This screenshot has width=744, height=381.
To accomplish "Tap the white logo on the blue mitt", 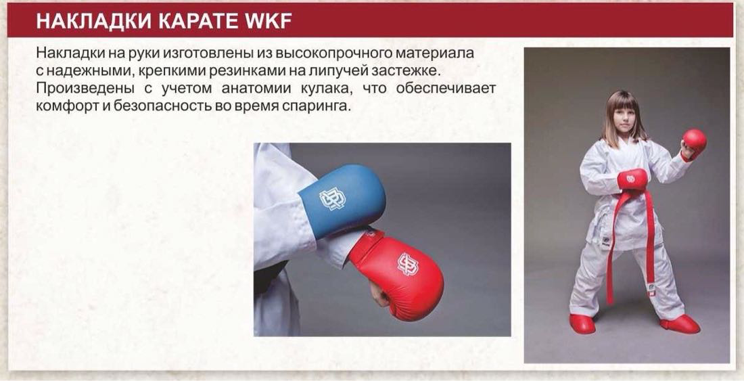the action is (x=332, y=200).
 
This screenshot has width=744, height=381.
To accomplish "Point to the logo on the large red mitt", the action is (x=408, y=264).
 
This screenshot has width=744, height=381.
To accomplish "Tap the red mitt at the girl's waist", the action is (x=632, y=179).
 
